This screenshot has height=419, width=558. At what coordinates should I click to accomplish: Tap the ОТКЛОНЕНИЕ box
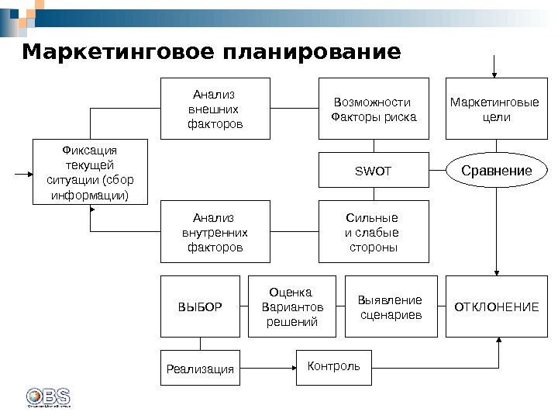point(496,306)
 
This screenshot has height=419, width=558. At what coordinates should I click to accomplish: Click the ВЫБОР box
point(200,306)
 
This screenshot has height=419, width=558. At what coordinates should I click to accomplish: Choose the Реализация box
point(200,369)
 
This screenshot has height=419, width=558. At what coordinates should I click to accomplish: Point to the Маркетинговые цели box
point(496,109)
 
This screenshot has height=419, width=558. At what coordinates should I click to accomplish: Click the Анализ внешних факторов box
point(215,109)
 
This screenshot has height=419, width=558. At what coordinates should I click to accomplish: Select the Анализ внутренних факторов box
point(215,232)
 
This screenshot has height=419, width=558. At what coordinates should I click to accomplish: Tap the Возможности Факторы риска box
point(374,109)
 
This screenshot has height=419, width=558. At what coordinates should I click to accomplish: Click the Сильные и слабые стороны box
point(374,232)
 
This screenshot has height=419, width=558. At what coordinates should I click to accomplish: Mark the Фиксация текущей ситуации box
point(90,171)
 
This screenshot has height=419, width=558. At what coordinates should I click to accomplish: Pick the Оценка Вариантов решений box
point(291,306)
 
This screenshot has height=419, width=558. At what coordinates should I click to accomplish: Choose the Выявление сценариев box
point(391,306)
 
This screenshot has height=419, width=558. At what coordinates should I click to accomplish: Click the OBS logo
point(48,396)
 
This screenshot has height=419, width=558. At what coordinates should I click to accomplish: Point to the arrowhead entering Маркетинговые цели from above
point(496,74)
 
